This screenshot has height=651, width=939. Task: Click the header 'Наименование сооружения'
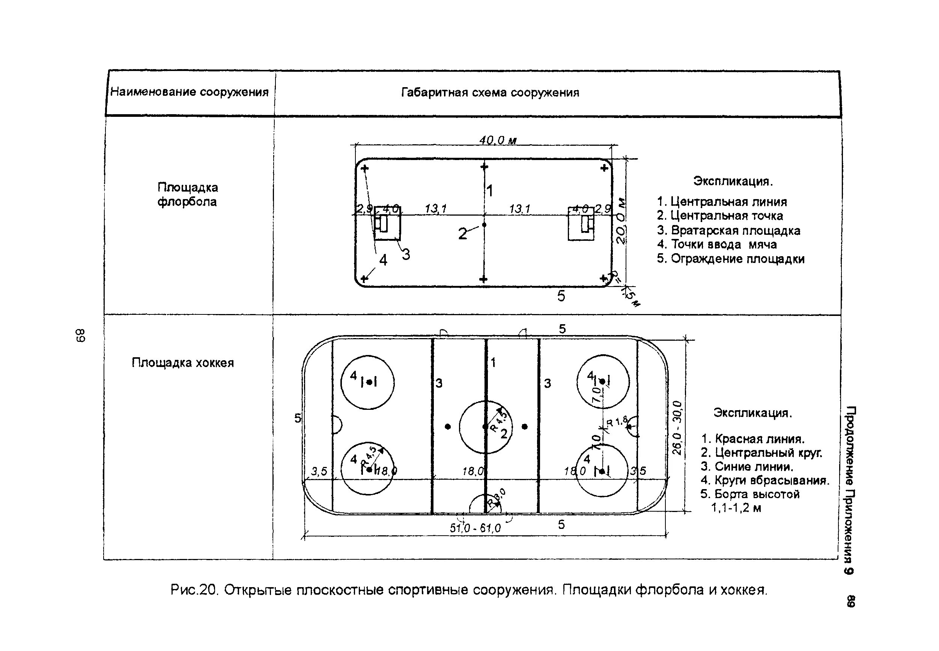pyautogui.click(x=190, y=92)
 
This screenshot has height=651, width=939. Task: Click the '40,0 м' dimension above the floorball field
pyautogui.click(x=498, y=141)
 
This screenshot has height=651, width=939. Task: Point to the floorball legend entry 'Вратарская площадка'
pyautogui.click(x=728, y=230)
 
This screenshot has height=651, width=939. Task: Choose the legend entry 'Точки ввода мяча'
pyautogui.click(x=717, y=244)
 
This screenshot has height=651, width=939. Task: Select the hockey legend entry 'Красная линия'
pyautogui.click(x=753, y=439)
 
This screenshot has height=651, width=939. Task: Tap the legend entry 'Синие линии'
pyautogui.click(x=748, y=466)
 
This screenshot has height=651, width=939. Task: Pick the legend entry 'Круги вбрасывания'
pyautogui.click(x=764, y=480)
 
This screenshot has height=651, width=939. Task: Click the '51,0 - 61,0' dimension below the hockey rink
pyautogui.click(x=475, y=528)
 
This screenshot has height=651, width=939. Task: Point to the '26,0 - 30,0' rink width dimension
pyautogui.click(x=677, y=427)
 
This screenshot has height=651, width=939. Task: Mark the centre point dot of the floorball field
pyautogui.click(x=484, y=225)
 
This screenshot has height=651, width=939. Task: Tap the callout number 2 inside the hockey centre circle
pyautogui.click(x=504, y=434)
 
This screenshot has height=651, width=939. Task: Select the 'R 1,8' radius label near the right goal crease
pyautogui.click(x=617, y=421)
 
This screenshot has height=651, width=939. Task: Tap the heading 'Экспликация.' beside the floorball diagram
pyautogui.click(x=733, y=181)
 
